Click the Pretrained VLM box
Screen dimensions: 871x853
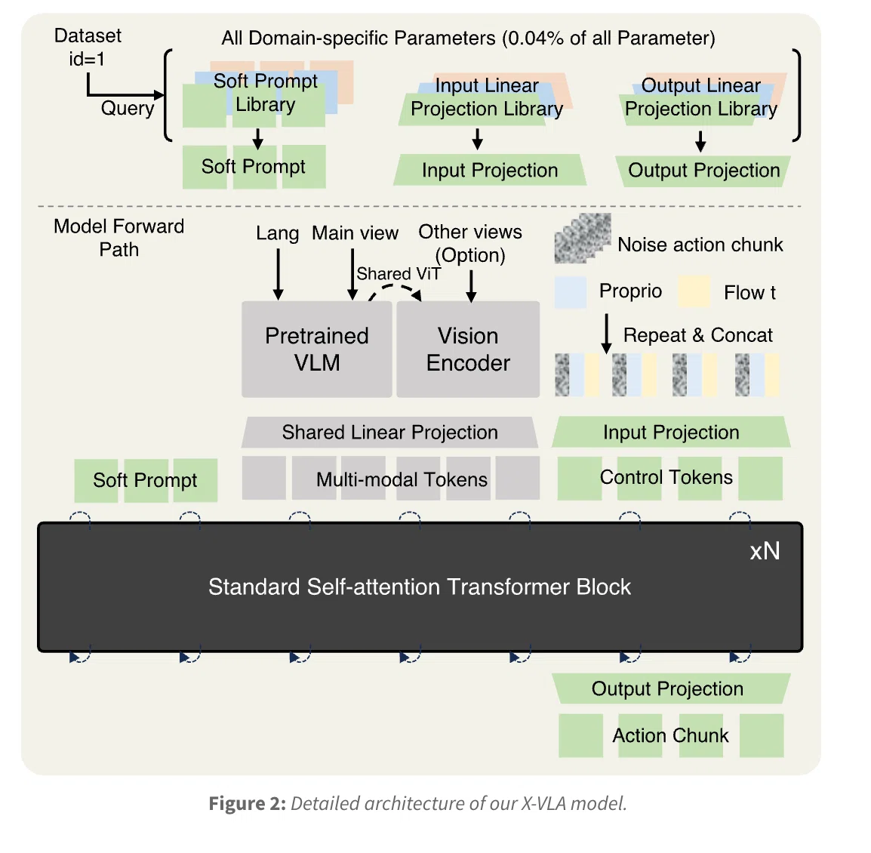[317, 349]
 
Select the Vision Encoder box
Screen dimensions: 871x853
[468, 349]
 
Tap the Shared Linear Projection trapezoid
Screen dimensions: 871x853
[390, 433]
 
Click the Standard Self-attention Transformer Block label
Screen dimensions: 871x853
[420, 587]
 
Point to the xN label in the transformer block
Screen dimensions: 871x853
[765, 551]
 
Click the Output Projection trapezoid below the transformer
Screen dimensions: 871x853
[671, 688]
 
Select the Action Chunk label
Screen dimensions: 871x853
[670, 735]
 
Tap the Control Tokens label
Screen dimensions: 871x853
[666, 477]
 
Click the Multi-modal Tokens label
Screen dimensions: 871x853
[402, 479]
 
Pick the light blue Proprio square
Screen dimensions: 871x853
[571, 292]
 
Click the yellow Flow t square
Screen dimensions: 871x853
[694, 291]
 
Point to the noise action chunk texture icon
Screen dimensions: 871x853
[583, 238]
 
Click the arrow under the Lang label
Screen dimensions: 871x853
[279, 274]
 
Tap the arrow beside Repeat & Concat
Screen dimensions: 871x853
[607, 334]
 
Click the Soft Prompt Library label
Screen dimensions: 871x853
[266, 93]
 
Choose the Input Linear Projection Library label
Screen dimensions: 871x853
[487, 97]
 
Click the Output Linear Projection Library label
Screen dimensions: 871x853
[701, 97]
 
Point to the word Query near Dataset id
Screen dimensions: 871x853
[128, 109]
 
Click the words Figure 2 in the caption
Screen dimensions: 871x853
[248, 803]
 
